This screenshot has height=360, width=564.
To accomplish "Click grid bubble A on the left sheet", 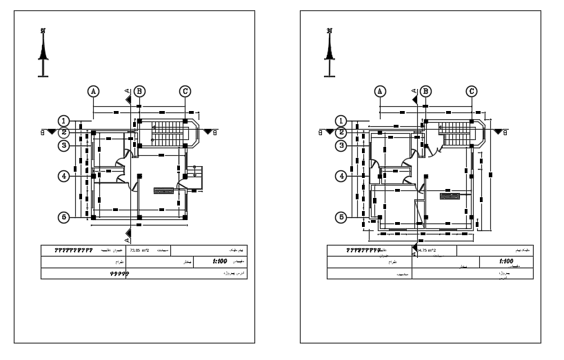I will click(93, 91).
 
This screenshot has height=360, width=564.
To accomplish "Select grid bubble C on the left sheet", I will click(185, 91).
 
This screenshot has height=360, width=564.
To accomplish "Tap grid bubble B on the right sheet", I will click(425, 91).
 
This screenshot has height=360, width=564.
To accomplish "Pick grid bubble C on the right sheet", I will click(472, 91).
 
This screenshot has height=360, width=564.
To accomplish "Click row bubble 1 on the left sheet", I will click(63, 121).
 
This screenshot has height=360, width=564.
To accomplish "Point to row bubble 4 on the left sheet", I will click(63, 176).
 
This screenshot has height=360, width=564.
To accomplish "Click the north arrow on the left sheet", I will click(43, 52).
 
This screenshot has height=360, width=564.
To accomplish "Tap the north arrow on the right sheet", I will click(330, 52).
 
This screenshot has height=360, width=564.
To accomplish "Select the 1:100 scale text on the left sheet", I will click(221, 262).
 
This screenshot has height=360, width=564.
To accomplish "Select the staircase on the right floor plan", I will click(454, 132).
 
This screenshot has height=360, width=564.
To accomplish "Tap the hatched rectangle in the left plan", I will click(163, 189).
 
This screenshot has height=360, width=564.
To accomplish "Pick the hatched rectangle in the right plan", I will click(450, 196).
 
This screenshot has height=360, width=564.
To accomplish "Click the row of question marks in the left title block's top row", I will click(70, 250).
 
